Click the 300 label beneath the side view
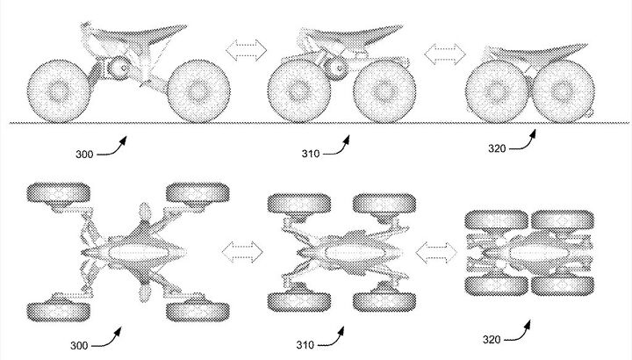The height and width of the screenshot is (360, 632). [x=84, y=154]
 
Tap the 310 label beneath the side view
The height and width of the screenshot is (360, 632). [x=311, y=154]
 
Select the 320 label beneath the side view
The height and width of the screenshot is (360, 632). [x=497, y=148]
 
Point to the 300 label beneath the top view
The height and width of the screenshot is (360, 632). [x=79, y=345]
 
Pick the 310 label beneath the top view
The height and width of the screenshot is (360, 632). [x=305, y=345]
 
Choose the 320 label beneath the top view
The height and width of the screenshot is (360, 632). [x=492, y=340]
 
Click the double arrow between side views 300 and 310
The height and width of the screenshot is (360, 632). [x=247, y=50]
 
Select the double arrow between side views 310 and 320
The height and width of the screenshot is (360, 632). [x=445, y=54]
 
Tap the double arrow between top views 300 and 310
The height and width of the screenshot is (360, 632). [x=242, y=252]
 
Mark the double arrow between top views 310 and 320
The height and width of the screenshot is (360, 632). [x=436, y=253]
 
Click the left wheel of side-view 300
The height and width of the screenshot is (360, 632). [x=59, y=91]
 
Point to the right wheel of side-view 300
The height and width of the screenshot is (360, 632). [x=198, y=91]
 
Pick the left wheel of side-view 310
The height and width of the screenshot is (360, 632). [x=299, y=91]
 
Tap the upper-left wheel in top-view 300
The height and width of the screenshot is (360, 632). [x=59, y=193]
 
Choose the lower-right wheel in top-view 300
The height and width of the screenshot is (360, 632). [x=197, y=311]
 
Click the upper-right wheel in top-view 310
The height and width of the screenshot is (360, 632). [x=384, y=204]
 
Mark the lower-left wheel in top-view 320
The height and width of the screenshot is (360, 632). [x=497, y=285]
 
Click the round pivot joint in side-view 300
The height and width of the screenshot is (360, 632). [x=119, y=68]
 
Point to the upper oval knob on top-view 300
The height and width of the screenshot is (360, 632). [x=145, y=211]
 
